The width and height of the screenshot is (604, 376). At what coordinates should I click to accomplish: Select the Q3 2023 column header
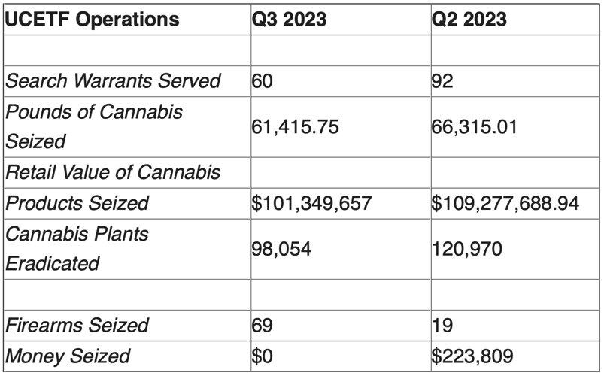289,20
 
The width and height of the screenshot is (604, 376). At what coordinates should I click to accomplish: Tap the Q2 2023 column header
469,20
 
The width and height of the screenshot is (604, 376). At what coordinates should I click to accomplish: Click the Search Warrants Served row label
113,81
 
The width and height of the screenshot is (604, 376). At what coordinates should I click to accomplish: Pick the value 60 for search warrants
263,81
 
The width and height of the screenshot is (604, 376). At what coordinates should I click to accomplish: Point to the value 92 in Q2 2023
443,81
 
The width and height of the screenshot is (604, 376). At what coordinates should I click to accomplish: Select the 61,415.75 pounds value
295,126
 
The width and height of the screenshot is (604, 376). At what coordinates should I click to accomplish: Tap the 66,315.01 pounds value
475,126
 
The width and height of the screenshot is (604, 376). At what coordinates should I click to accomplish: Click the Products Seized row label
77,203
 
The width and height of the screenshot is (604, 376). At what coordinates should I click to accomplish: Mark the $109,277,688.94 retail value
505,203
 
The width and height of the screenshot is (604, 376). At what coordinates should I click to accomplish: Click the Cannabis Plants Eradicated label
77,248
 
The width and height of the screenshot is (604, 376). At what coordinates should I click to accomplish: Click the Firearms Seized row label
77,326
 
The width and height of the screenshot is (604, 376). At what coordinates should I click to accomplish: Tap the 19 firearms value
442,326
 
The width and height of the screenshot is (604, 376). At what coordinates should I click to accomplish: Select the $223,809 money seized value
470,356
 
